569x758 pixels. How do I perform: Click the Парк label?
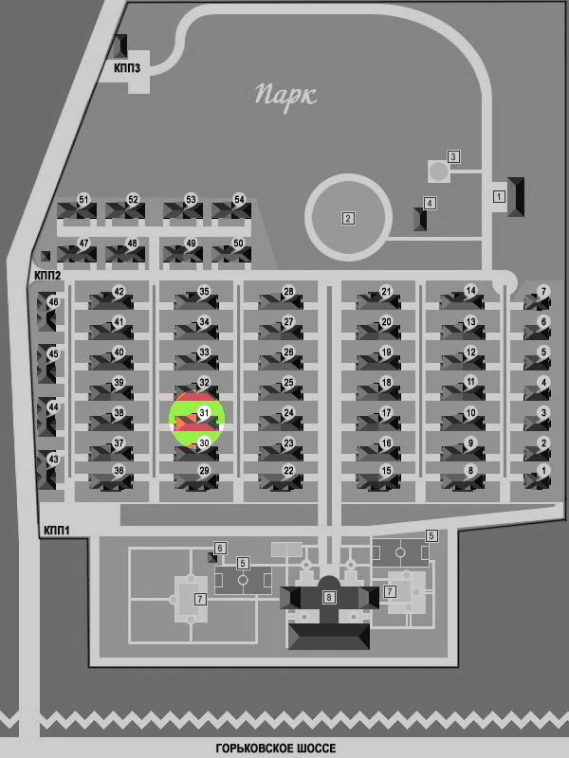click(286, 96)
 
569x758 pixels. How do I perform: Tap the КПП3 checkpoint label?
click(127, 67)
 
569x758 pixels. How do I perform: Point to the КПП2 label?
click(47, 276)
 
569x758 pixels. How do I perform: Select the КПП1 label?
click(57, 531)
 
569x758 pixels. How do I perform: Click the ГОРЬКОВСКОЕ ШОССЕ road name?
click(276, 749)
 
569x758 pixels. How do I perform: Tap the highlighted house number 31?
click(204, 413)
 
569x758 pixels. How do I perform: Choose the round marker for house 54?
click(239, 199)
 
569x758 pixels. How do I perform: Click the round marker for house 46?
click(53, 302)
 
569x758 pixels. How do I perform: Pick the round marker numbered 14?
click(470, 291)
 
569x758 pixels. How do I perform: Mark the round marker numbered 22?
click(288, 471)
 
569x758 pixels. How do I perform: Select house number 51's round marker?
click(84, 199)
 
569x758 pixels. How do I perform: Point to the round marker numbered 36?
click(119, 471)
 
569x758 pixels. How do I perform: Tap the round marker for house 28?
click(288, 292)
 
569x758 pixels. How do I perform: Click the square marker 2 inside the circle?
click(348, 219)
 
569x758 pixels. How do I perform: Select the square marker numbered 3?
click(453, 156)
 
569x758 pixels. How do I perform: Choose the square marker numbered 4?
click(430, 203)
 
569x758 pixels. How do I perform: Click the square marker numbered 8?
click(329, 597)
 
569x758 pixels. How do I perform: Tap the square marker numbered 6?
click(220, 549)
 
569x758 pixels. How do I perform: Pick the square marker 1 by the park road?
click(499, 196)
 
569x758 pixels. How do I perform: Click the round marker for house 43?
click(53, 460)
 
